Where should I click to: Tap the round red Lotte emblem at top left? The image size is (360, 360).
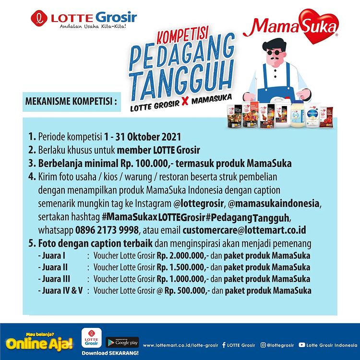point(39,18)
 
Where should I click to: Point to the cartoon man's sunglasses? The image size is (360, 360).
point(275,53)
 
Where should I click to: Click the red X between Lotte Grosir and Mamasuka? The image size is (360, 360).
point(185,101)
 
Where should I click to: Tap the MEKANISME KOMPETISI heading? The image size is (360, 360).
point(71,101)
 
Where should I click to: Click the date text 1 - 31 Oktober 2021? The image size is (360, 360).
point(143,137)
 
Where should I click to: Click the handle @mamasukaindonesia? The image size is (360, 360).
point(274,204)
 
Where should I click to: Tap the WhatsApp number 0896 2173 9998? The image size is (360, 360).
point(107,230)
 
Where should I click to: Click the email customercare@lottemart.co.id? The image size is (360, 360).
point(244,230)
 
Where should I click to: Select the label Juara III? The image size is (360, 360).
point(56,279)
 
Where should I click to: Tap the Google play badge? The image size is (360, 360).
point(122,343)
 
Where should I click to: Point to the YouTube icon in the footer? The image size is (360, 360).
point(302,345)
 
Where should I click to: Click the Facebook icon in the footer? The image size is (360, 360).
point(224,345)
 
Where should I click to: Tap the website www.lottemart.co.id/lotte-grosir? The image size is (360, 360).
point(180,345)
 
